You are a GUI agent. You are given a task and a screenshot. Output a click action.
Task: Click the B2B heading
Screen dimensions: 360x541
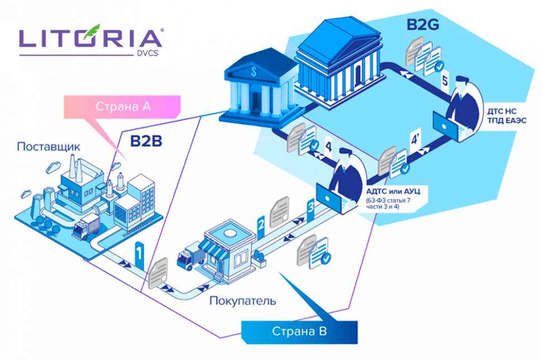coord(146,142)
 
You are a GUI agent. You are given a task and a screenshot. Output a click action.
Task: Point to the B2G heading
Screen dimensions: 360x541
coord(420,25)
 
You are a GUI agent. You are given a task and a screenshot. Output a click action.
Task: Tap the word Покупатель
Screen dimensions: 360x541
coord(243,301)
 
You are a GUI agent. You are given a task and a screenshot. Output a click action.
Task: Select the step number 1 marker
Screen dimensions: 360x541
coord(139,254)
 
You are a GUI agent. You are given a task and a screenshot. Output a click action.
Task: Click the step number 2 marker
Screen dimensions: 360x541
coord(260,224)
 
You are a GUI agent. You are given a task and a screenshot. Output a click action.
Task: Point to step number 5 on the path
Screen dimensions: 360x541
coord(445,81)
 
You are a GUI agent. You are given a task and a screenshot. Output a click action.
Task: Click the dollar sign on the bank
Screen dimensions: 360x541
coord(254,72)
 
